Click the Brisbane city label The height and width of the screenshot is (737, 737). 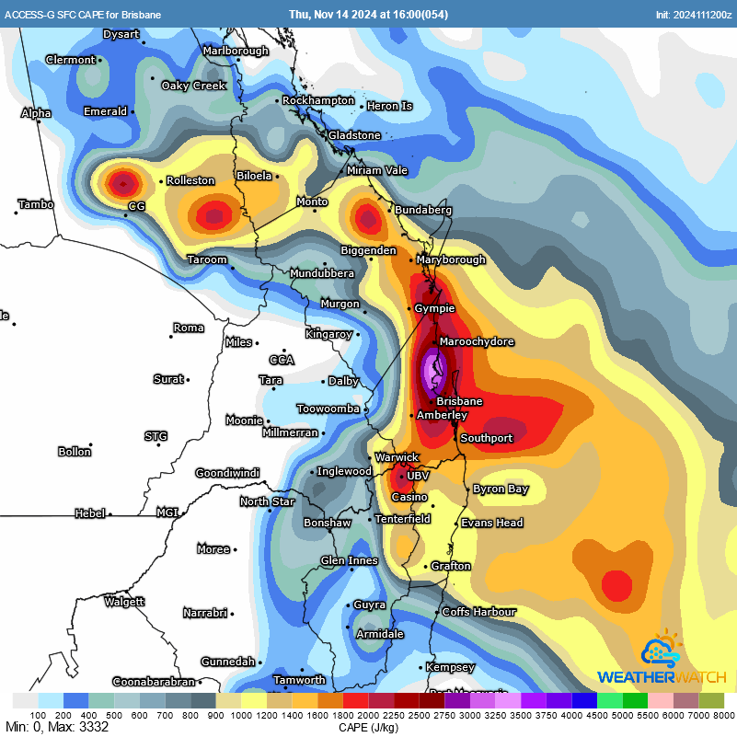coord(459,401)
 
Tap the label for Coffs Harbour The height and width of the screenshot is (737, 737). coord(479,611)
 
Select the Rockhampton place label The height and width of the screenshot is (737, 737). coord(320,100)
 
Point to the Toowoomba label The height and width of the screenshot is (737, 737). coord(328,409)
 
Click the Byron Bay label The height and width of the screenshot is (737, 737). coord(501,489)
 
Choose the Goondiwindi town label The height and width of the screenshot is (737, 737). coord(226,473)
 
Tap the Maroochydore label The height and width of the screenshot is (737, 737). coord(477,342)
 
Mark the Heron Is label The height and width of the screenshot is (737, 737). coord(390,106)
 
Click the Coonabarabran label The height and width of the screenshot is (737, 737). coord(154,682)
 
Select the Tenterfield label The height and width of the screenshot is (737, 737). coord(403,519)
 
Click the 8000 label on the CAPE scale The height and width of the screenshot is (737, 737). coord(723,715)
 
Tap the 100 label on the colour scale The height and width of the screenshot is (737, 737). coord(38,715)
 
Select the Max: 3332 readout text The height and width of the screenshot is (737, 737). coord(74,727)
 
